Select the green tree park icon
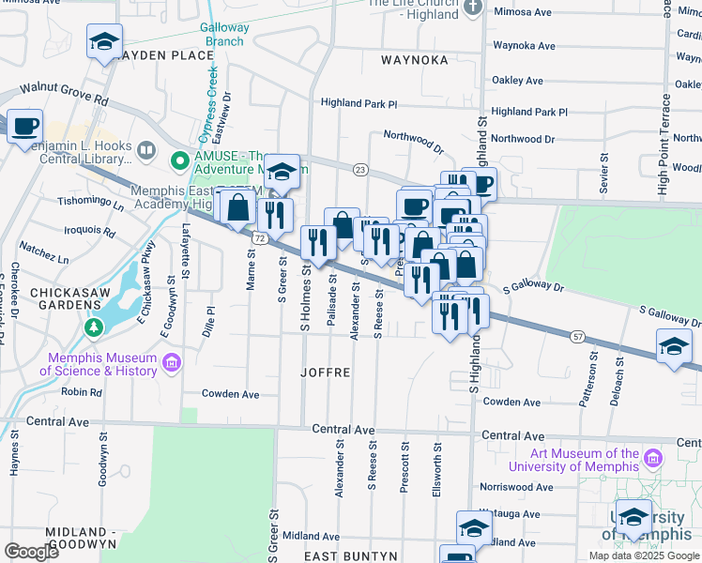93,327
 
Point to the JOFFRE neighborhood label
325,373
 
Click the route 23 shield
360,170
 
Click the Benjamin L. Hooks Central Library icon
145,150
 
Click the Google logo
31,552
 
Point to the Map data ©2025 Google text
645,555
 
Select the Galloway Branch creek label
225,34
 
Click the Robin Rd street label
82,392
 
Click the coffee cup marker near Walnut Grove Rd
24,125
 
